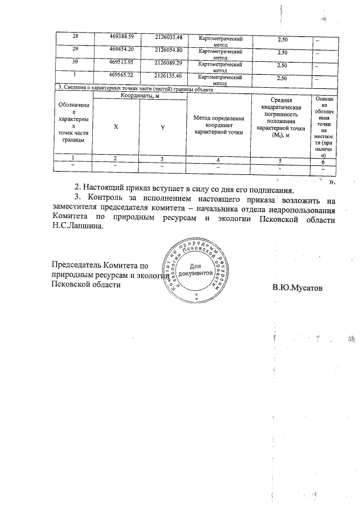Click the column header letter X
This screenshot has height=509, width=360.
pyautogui.click(x=116, y=127)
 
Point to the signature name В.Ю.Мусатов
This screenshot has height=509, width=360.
pyautogui.click(x=299, y=288)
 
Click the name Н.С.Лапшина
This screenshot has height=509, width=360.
pyautogui.click(x=78, y=229)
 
